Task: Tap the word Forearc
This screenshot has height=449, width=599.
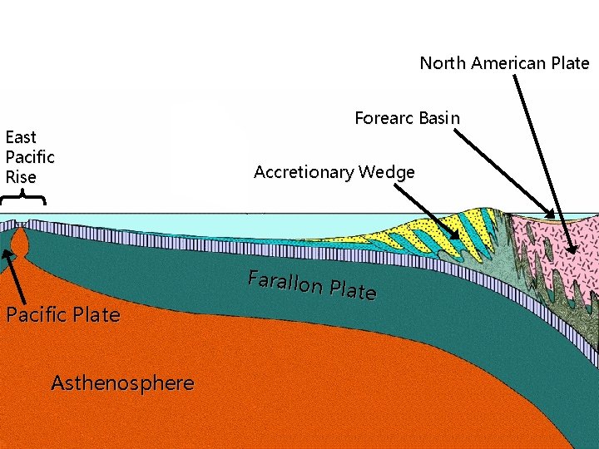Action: pyautogui.click(x=384, y=118)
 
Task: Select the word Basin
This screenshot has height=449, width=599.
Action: pyautogui.click(x=439, y=118)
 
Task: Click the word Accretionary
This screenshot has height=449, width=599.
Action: pyautogui.click(x=304, y=172)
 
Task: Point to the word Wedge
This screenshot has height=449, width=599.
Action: pyautogui.click(x=387, y=173)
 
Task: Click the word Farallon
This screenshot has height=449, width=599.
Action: pyautogui.click(x=285, y=283)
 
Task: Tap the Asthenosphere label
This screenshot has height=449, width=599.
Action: pyautogui.click(x=122, y=383)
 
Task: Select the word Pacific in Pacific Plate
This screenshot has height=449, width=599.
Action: pyautogui.click(x=36, y=315)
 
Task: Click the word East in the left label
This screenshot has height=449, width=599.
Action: pyautogui.click(x=21, y=137)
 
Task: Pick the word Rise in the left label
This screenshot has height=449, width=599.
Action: pyautogui.click(x=21, y=177)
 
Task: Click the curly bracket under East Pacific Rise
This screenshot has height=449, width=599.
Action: pyautogui.click(x=22, y=198)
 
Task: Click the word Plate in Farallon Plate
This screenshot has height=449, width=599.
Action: pyautogui.click(x=353, y=290)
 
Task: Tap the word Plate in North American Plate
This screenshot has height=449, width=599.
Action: pyautogui.click(x=570, y=63)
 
